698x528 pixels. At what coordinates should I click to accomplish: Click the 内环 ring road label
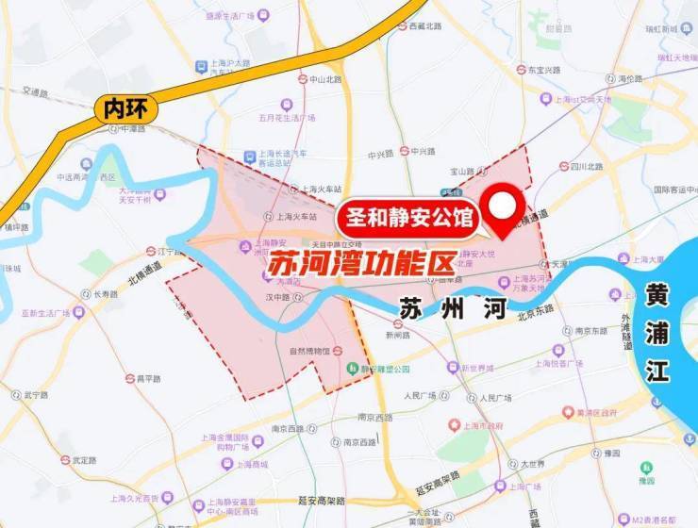click(x=118, y=109)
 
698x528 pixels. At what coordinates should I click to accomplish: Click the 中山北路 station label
click(x=325, y=79)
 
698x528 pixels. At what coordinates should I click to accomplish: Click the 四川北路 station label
click(x=586, y=166)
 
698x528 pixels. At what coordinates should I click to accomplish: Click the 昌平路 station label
click(x=149, y=378)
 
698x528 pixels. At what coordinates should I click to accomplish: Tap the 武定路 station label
click(x=85, y=460)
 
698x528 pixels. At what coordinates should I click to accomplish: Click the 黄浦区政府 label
click(x=596, y=412)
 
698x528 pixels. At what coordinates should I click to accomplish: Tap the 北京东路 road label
click(x=536, y=308)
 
